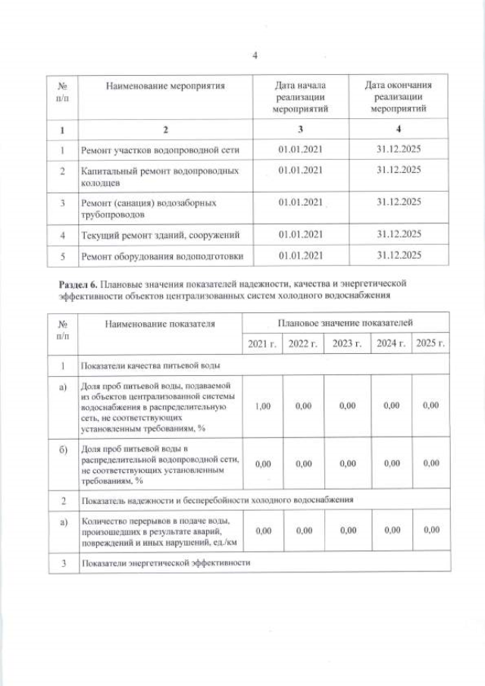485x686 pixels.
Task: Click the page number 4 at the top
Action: [255, 55]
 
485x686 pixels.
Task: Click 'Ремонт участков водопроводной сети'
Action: [160, 150]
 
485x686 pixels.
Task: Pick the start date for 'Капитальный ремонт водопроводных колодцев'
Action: [301, 171]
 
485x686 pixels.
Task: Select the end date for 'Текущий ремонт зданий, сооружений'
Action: [399, 234]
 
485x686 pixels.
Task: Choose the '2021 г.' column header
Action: [262, 344]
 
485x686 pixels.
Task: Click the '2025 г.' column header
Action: [430, 344]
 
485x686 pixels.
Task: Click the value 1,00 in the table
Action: [262, 406]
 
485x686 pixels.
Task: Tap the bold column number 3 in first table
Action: [301, 129]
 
